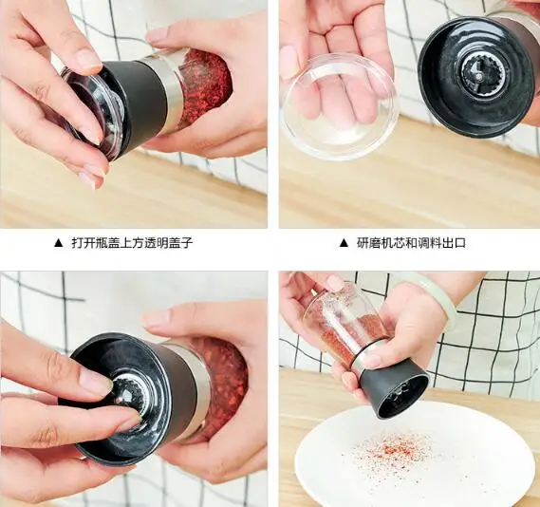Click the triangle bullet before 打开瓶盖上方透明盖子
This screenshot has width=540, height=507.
pyautogui.click(x=59, y=243)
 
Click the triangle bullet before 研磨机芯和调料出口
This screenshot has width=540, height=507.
pyautogui.click(x=344, y=243)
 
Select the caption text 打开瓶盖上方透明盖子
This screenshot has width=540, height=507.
pyautogui.click(x=132, y=243)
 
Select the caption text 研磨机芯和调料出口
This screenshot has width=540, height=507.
pyautogui.click(x=411, y=243)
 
